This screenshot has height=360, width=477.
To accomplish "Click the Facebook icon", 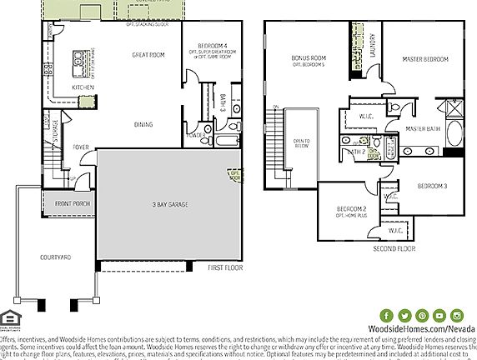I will [x=387, y=315].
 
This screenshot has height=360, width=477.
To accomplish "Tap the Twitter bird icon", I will [x=404, y=315].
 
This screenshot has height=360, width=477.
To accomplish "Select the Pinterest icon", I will [x=423, y=315].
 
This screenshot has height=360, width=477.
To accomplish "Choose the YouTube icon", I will [x=440, y=315].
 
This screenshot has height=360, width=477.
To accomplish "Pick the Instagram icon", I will [x=458, y=315].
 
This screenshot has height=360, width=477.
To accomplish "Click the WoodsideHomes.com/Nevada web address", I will [x=422, y=330].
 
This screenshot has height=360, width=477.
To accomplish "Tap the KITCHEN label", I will [x=83, y=87].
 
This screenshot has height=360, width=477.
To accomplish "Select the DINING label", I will [x=143, y=124].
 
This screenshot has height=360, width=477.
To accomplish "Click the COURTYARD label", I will [x=56, y=257].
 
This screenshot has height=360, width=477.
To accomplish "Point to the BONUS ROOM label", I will [x=308, y=59].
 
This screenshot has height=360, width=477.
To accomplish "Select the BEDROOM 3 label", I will [x=432, y=185].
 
